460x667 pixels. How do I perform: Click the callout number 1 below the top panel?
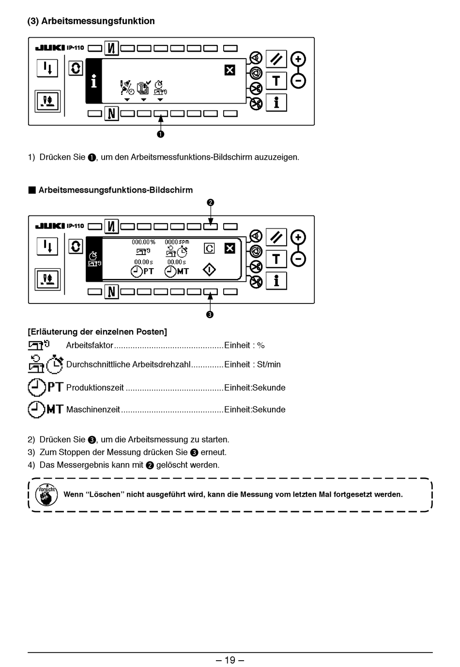point(160,134)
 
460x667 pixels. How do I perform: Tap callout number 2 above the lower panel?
point(210,202)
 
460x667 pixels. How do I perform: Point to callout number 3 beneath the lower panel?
point(210,315)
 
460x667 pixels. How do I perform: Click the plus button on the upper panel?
point(298,59)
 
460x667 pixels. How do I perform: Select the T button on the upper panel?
point(276,81)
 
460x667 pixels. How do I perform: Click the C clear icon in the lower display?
point(209,248)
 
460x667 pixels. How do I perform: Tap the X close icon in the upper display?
point(230,70)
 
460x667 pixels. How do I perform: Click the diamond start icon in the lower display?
point(209,270)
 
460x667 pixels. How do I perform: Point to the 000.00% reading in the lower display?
point(144,242)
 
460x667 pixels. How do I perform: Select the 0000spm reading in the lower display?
point(177,242)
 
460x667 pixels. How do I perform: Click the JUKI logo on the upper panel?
point(50,47)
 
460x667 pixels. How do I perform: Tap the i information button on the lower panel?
point(276,281)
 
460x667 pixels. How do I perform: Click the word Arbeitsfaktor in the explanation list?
point(90,345)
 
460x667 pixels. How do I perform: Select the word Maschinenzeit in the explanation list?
point(93,409)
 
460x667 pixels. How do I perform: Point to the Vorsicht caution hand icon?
point(46,494)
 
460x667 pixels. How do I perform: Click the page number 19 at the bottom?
point(230,660)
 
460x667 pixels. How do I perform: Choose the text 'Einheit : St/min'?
point(252,364)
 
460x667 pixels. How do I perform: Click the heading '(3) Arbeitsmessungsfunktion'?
point(91,21)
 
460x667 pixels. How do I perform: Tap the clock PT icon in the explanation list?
point(46,387)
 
